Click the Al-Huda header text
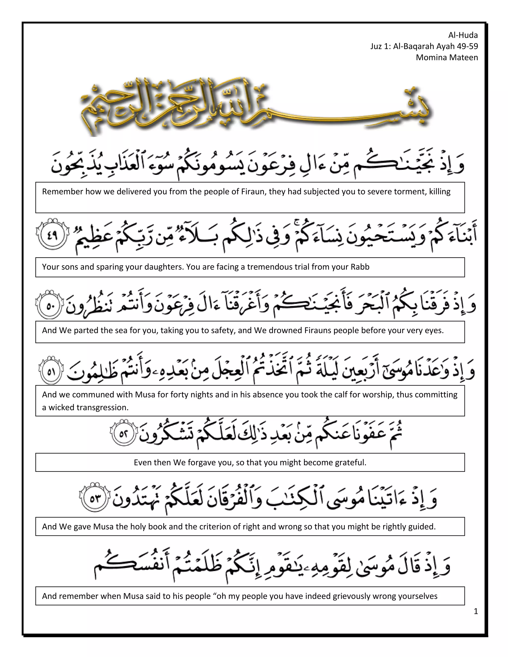(463, 35)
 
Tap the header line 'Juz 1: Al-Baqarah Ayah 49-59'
(424, 46)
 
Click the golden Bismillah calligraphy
(256, 107)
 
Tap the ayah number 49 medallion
(52, 234)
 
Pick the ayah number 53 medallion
(95, 499)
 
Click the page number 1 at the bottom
(476, 611)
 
